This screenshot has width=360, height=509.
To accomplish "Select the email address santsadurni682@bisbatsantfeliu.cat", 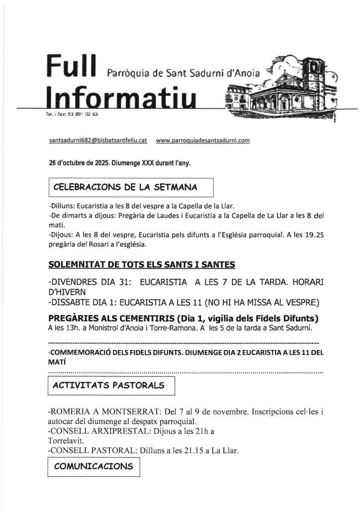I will (98, 141).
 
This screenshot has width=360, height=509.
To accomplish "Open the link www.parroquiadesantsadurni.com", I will (202, 141).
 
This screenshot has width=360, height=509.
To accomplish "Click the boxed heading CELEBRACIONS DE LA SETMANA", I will (125, 187).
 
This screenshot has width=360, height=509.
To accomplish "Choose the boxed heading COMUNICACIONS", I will (93, 466).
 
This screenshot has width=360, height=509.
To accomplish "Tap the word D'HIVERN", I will (67, 292).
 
